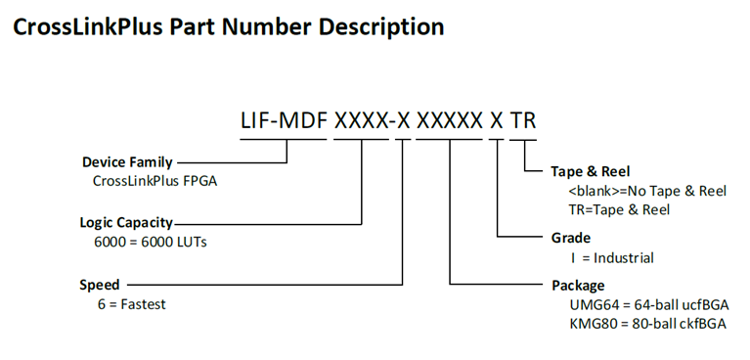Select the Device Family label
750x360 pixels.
tap(127, 161)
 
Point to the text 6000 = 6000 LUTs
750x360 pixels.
tap(151, 242)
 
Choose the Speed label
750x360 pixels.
tap(100, 285)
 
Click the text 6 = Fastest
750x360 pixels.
tap(129, 304)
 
